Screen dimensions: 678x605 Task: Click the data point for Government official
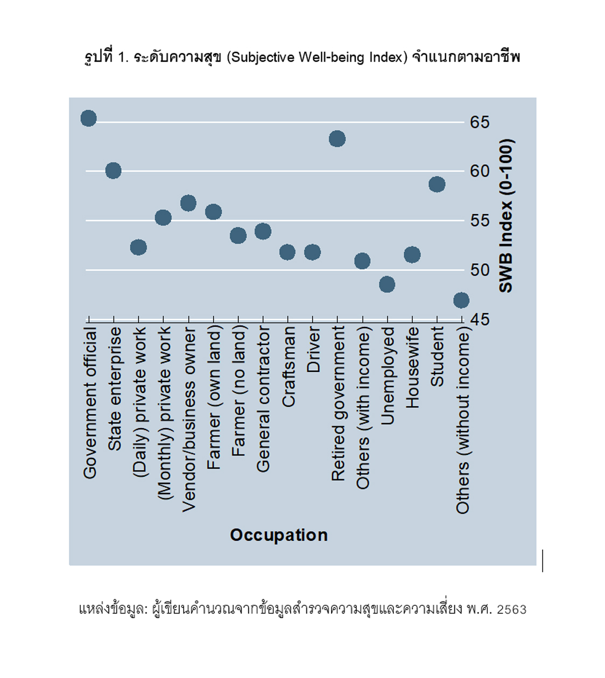click(89, 118)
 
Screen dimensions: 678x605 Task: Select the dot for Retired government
click(337, 139)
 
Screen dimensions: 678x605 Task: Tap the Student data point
click(437, 185)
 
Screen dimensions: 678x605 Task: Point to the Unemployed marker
click(387, 284)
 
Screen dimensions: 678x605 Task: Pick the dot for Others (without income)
click(461, 300)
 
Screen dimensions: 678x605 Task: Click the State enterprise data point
click(113, 171)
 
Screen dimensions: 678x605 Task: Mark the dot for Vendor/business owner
click(188, 203)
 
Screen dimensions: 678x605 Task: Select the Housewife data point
click(412, 255)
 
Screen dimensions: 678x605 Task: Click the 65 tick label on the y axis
click(480, 122)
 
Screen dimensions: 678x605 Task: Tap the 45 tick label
click(480, 320)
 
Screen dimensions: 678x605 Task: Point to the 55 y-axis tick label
click(480, 221)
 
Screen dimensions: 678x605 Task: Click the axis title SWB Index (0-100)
click(506, 215)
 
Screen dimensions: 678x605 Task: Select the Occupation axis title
click(279, 535)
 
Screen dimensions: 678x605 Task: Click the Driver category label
click(313, 350)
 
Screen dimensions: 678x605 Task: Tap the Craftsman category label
click(289, 366)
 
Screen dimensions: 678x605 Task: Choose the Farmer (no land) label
click(238, 391)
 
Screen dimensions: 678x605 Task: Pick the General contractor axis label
click(263, 399)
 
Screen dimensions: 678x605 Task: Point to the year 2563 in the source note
click(511, 610)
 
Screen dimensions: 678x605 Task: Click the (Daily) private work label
click(139, 401)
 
